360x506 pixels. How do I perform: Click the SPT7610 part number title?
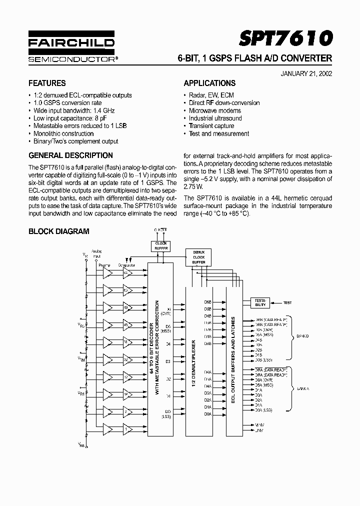click(x=285, y=38)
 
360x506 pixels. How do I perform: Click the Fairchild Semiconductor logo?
click(x=71, y=48)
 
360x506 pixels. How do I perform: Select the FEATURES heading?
click(x=47, y=83)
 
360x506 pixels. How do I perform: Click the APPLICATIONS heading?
click(x=209, y=83)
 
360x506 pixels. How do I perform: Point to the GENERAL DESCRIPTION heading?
click(x=70, y=155)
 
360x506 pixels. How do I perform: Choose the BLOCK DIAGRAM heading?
click(x=58, y=231)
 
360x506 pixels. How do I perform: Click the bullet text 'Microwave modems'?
click(x=214, y=110)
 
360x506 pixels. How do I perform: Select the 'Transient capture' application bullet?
click(x=211, y=126)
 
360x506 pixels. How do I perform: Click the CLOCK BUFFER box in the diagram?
click(x=160, y=246)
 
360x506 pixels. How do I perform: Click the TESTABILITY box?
click(x=260, y=302)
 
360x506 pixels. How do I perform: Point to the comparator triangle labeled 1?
click(x=127, y=429)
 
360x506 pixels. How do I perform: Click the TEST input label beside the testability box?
click(x=287, y=302)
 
